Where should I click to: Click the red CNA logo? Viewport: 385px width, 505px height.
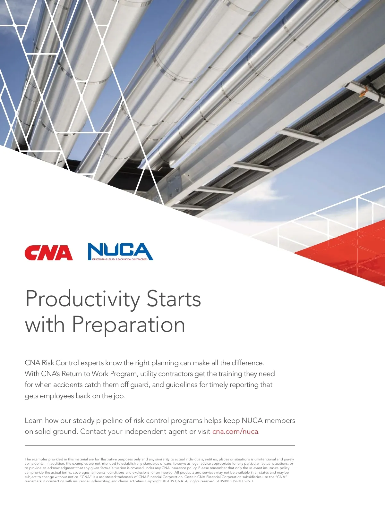[48, 253]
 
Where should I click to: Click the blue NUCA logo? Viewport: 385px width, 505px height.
[121, 251]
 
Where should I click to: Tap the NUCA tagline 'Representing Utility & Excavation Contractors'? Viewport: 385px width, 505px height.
[119, 259]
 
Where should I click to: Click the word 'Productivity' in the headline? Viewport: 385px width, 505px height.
[82, 299]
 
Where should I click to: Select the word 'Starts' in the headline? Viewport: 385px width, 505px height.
[174, 299]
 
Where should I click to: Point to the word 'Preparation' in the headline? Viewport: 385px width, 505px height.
[128, 324]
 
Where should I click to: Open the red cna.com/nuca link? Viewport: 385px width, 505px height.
[236, 431]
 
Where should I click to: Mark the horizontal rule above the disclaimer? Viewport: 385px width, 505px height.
[160, 446]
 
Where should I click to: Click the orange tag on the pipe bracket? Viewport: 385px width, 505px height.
[363, 93]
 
